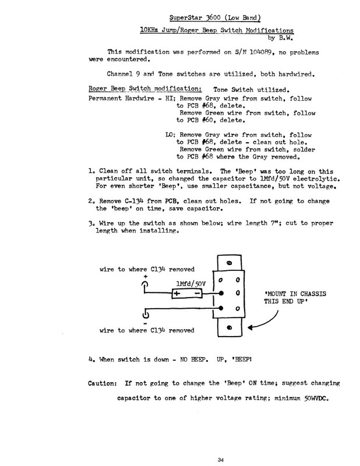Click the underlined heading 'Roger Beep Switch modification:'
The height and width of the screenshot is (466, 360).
[x=146, y=89]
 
